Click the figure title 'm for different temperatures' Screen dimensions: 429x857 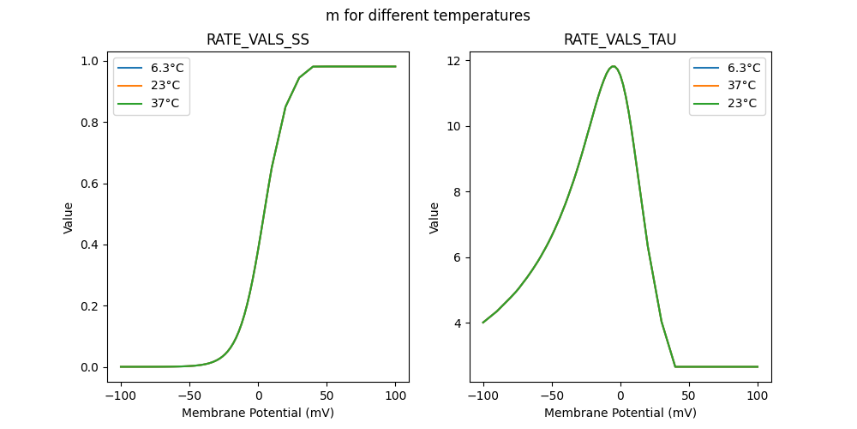pyautogui.click(x=428, y=15)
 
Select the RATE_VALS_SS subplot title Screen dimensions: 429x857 pyautogui.click(x=258, y=39)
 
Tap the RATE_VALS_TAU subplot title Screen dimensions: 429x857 pyautogui.click(x=620, y=39)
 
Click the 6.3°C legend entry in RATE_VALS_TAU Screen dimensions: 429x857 pyautogui.click(x=743, y=68)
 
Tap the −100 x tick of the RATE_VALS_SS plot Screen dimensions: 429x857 pyautogui.click(x=121, y=396)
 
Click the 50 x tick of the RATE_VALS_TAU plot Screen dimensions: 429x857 pyautogui.click(x=689, y=396)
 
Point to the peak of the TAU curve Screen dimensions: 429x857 pyautogui.click(x=613, y=66)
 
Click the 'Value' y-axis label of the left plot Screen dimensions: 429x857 pyautogui.click(x=69, y=218)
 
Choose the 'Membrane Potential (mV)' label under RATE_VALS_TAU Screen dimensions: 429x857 pyautogui.click(x=620, y=413)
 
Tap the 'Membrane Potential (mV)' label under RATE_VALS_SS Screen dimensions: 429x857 pyautogui.click(x=258, y=413)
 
